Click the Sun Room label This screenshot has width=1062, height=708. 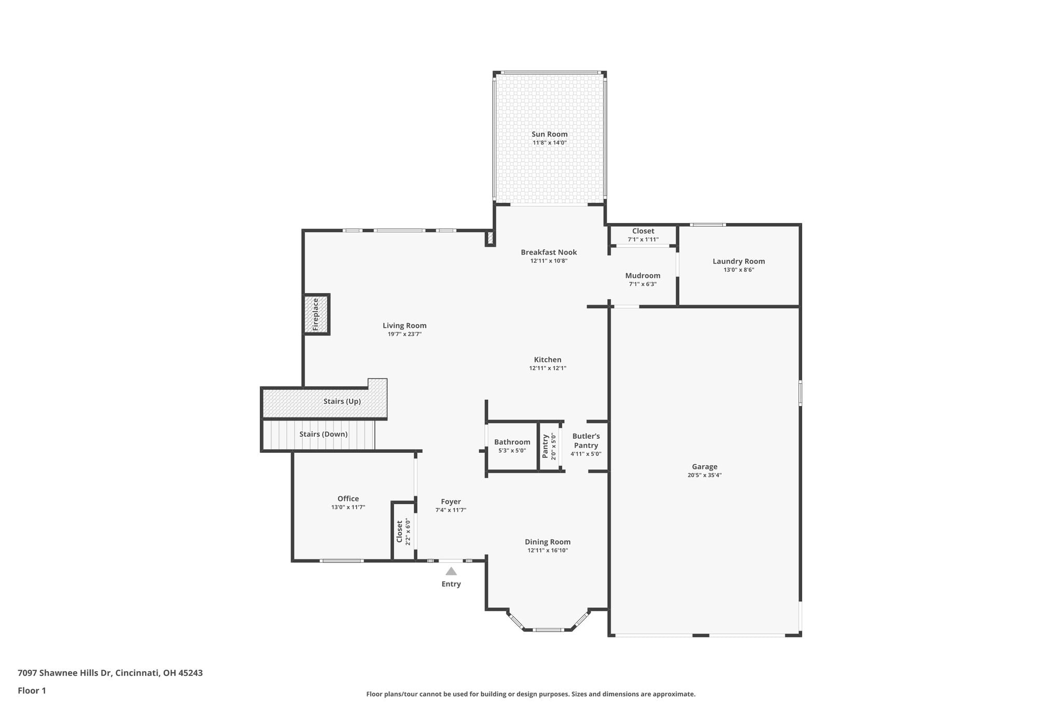[x=549, y=134]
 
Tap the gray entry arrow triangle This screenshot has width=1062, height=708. [x=451, y=571]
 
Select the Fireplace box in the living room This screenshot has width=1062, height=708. [x=316, y=314]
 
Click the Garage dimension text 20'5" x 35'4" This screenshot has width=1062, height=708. [x=704, y=475]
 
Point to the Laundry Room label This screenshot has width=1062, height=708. [x=738, y=261]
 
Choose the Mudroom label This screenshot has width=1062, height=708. [x=642, y=276]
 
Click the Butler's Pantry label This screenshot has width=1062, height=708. [x=586, y=441]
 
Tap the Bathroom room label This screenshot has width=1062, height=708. [x=512, y=442]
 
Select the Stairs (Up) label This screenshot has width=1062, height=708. [x=342, y=401]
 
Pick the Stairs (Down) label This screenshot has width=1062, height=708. [x=323, y=434]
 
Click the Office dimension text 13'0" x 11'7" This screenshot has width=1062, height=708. [x=348, y=507]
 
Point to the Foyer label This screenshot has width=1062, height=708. [x=451, y=502]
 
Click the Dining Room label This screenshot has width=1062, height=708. [x=548, y=542]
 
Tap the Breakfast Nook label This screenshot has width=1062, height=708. [x=549, y=253]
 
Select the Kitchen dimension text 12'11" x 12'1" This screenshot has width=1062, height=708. [x=548, y=368]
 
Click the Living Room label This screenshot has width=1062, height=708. [x=404, y=326]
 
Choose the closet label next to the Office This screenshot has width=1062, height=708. [x=399, y=532]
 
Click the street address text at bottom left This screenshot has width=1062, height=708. [x=110, y=673]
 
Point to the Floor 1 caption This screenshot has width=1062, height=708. [x=32, y=691]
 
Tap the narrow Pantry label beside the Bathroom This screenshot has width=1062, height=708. [x=545, y=447]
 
